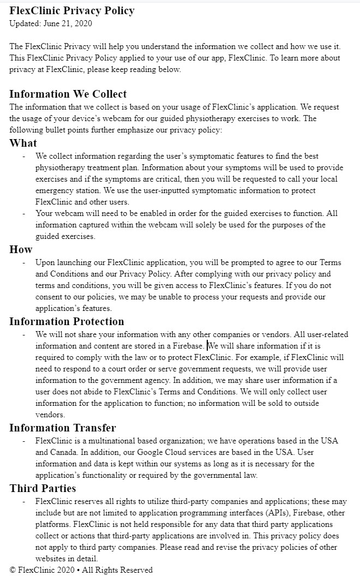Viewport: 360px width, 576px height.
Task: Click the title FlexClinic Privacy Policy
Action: coord(71,10)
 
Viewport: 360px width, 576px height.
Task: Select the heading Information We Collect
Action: coord(68,94)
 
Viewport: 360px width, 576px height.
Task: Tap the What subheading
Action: coord(23,143)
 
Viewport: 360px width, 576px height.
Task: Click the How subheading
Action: coord(21,249)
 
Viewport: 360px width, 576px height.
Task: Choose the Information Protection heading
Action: coord(67,321)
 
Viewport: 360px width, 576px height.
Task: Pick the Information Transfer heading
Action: coord(62,428)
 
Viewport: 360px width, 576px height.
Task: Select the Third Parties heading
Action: coord(43,488)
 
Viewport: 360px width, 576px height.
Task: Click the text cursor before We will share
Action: coord(207,345)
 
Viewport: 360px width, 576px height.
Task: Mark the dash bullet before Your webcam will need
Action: coord(24,213)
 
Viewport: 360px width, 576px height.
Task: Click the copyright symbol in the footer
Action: coord(13,570)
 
